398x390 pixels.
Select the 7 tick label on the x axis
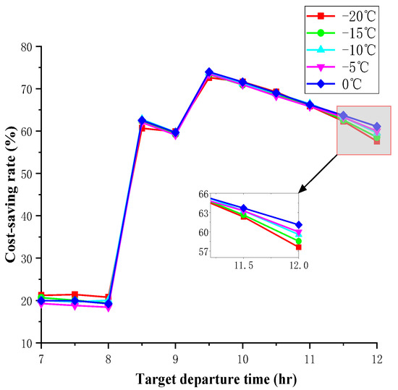41,358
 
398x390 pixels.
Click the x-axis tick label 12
376,358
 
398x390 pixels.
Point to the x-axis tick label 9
175,358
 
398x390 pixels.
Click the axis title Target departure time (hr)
208,378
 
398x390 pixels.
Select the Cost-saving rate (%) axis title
11,195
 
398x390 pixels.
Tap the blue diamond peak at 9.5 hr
209,72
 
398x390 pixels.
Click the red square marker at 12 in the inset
298,247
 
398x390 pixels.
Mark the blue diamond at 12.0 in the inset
298,225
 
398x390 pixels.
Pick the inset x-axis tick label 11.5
243,266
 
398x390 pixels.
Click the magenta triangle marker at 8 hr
109,308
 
